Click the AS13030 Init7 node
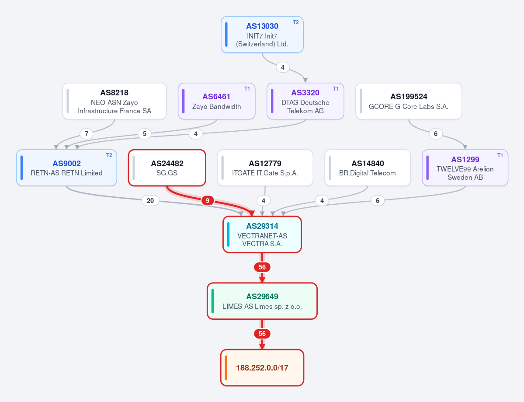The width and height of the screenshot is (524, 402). [x=262, y=35]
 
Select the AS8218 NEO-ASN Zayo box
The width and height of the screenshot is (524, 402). [x=115, y=101]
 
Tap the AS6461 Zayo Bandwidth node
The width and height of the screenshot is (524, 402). [x=217, y=101]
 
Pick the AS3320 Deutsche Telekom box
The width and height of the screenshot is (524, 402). [x=305, y=101]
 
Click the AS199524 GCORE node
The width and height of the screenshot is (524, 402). [x=409, y=101]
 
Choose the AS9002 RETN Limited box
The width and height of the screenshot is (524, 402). [x=66, y=168]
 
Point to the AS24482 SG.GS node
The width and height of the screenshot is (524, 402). [x=167, y=168]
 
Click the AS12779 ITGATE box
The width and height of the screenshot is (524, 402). [x=265, y=168]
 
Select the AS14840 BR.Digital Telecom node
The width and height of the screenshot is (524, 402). [x=368, y=168]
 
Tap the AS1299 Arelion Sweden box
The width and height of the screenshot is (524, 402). [x=465, y=168]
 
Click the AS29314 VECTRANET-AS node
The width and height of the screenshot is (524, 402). [x=262, y=234]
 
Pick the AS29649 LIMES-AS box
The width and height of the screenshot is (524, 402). [x=262, y=301]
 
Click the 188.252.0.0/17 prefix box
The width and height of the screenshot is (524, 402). [x=262, y=367]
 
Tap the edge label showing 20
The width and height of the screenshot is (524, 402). [x=150, y=201]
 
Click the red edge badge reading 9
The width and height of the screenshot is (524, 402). [x=208, y=201]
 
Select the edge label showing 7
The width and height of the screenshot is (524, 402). [x=87, y=134]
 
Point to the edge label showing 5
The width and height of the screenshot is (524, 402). [x=144, y=134]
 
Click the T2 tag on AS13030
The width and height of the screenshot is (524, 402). [x=296, y=22]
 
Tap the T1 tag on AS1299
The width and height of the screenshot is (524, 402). [x=500, y=155]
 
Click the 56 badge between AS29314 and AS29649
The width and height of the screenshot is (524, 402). [x=262, y=267]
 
